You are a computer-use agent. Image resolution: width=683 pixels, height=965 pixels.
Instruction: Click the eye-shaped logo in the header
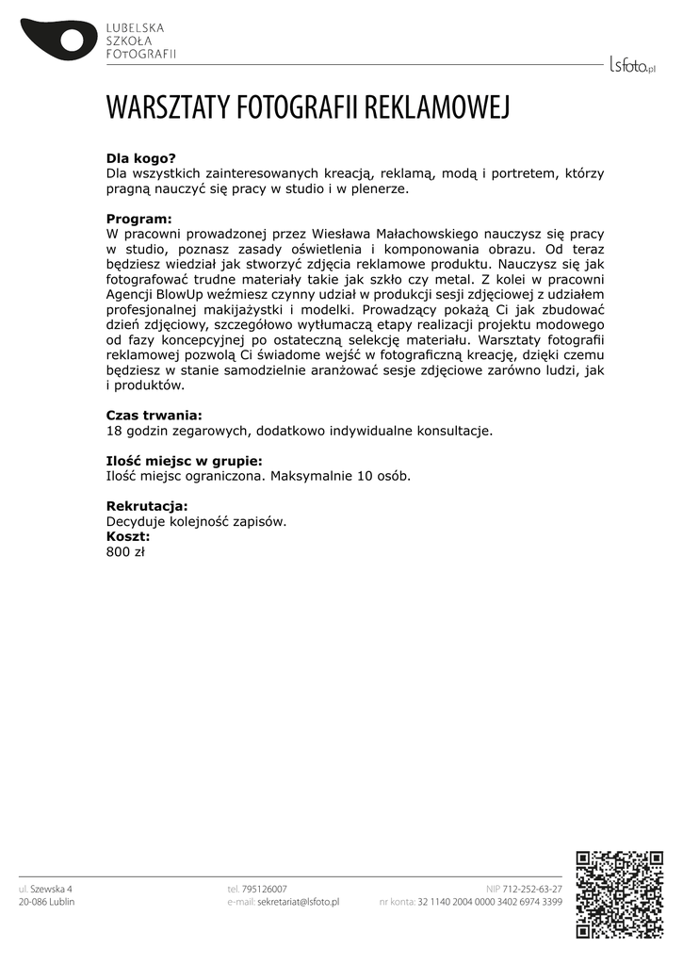(x=58, y=38)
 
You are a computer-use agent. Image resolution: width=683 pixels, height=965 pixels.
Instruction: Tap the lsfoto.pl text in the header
(x=631, y=64)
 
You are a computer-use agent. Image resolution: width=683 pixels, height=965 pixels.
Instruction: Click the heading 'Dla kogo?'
(x=141, y=158)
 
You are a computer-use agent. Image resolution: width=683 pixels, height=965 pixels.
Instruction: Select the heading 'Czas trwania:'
(x=154, y=415)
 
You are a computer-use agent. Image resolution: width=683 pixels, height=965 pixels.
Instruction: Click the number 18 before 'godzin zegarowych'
(x=114, y=431)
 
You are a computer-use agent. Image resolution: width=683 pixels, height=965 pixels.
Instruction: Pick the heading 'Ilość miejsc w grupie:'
(x=184, y=461)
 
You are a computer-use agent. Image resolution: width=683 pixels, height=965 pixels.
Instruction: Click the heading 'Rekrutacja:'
(x=147, y=506)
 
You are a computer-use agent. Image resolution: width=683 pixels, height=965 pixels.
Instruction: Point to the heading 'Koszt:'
(x=128, y=536)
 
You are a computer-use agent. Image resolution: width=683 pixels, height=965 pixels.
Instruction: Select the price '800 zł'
(x=125, y=551)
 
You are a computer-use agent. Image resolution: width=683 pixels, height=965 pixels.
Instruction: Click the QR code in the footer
(x=619, y=894)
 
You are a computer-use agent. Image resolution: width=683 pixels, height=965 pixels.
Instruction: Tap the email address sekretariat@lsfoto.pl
(x=298, y=902)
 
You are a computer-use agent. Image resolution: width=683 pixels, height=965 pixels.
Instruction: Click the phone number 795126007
(x=265, y=889)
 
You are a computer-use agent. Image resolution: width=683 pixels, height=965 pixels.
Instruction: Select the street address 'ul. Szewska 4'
(x=45, y=889)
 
